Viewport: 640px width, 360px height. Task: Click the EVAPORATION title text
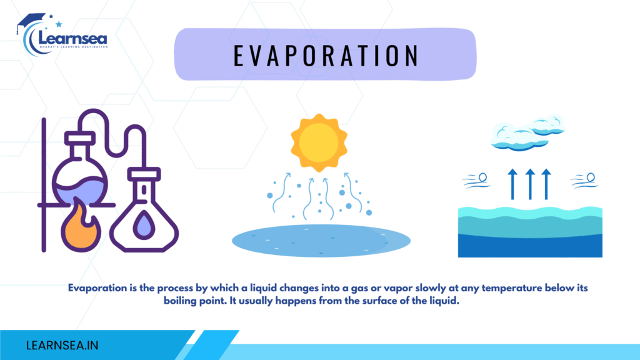click(x=326, y=55)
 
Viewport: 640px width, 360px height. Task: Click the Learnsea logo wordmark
click(x=72, y=39)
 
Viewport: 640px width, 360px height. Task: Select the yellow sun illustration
click(x=319, y=143)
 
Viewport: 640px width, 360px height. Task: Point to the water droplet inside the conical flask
click(x=144, y=224)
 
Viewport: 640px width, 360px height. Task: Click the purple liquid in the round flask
click(x=81, y=191)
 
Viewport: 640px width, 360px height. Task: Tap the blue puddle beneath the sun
click(x=321, y=241)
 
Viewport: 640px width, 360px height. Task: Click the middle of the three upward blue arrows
click(x=530, y=184)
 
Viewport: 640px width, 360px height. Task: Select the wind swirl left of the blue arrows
click(x=476, y=181)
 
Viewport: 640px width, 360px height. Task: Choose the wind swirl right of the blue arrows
click(x=584, y=181)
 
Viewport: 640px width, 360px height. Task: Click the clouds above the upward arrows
click(x=527, y=132)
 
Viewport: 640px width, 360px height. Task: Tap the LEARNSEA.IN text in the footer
click(x=62, y=346)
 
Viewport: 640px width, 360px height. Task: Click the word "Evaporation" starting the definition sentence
click(x=97, y=288)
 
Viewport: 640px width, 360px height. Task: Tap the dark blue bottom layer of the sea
click(x=530, y=246)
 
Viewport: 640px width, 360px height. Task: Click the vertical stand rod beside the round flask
click(x=44, y=185)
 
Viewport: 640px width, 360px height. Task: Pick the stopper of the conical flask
click(x=144, y=174)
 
